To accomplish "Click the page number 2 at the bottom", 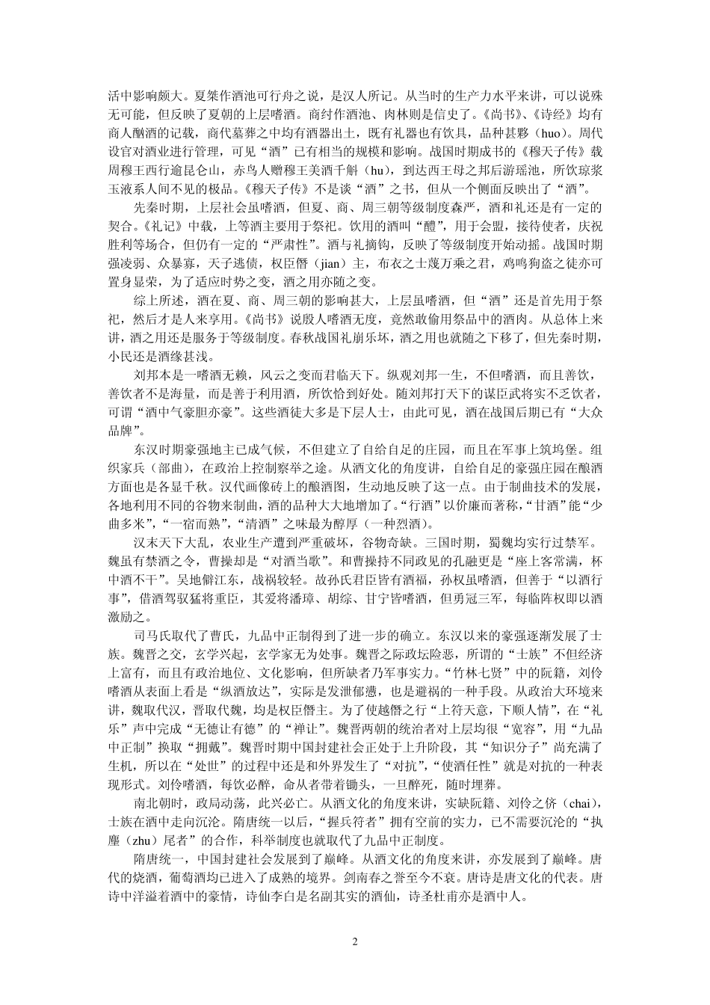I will coord(355,941).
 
